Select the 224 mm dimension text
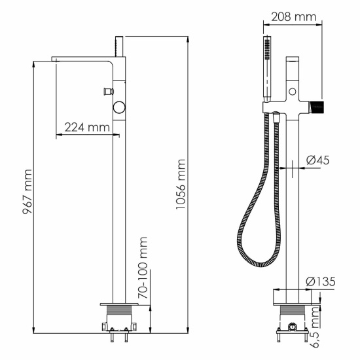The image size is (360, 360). pyautogui.click(x=86, y=128)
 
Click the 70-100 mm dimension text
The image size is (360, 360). pyautogui.click(x=142, y=268)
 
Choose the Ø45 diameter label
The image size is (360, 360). pyautogui.click(x=319, y=160)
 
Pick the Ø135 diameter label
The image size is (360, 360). pyautogui.click(x=321, y=281)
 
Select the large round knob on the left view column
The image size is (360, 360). pyautogui.click(x=119, y=107)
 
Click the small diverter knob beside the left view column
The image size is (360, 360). pyautogui.click(x=106, y=89)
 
